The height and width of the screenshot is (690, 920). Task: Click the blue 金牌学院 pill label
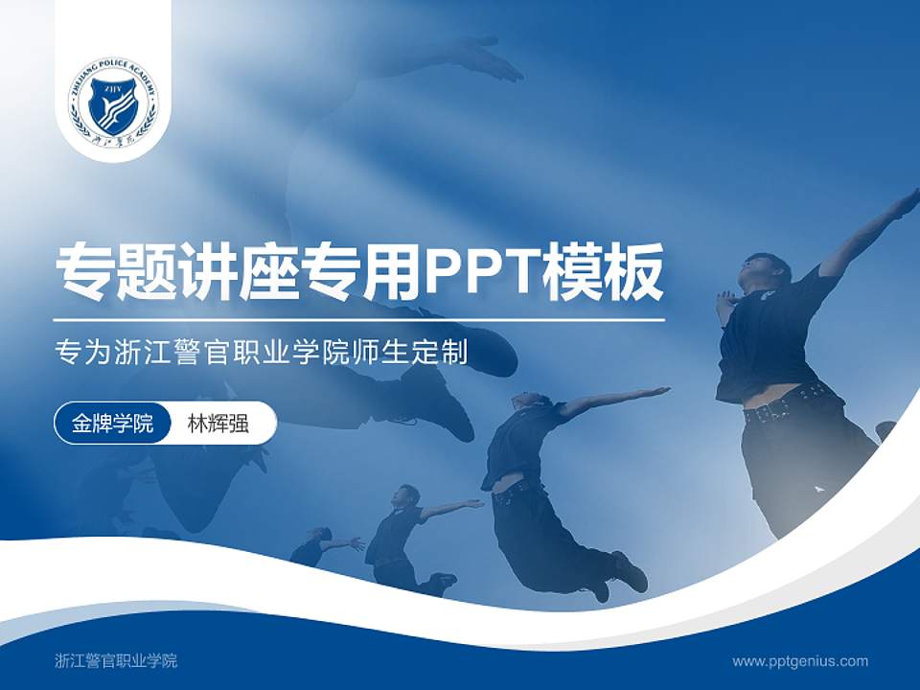[x=112, y=424]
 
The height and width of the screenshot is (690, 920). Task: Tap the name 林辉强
[x=218, y=424]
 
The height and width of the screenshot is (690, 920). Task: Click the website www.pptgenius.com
[x=800, y=660]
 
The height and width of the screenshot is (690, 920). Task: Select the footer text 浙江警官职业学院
[x=116, y=660]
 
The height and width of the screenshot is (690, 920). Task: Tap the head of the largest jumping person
[x=767, y=270]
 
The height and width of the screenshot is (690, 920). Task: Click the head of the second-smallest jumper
[x=408, y=495]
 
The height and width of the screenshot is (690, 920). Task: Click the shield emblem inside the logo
[x=112, y=103]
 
